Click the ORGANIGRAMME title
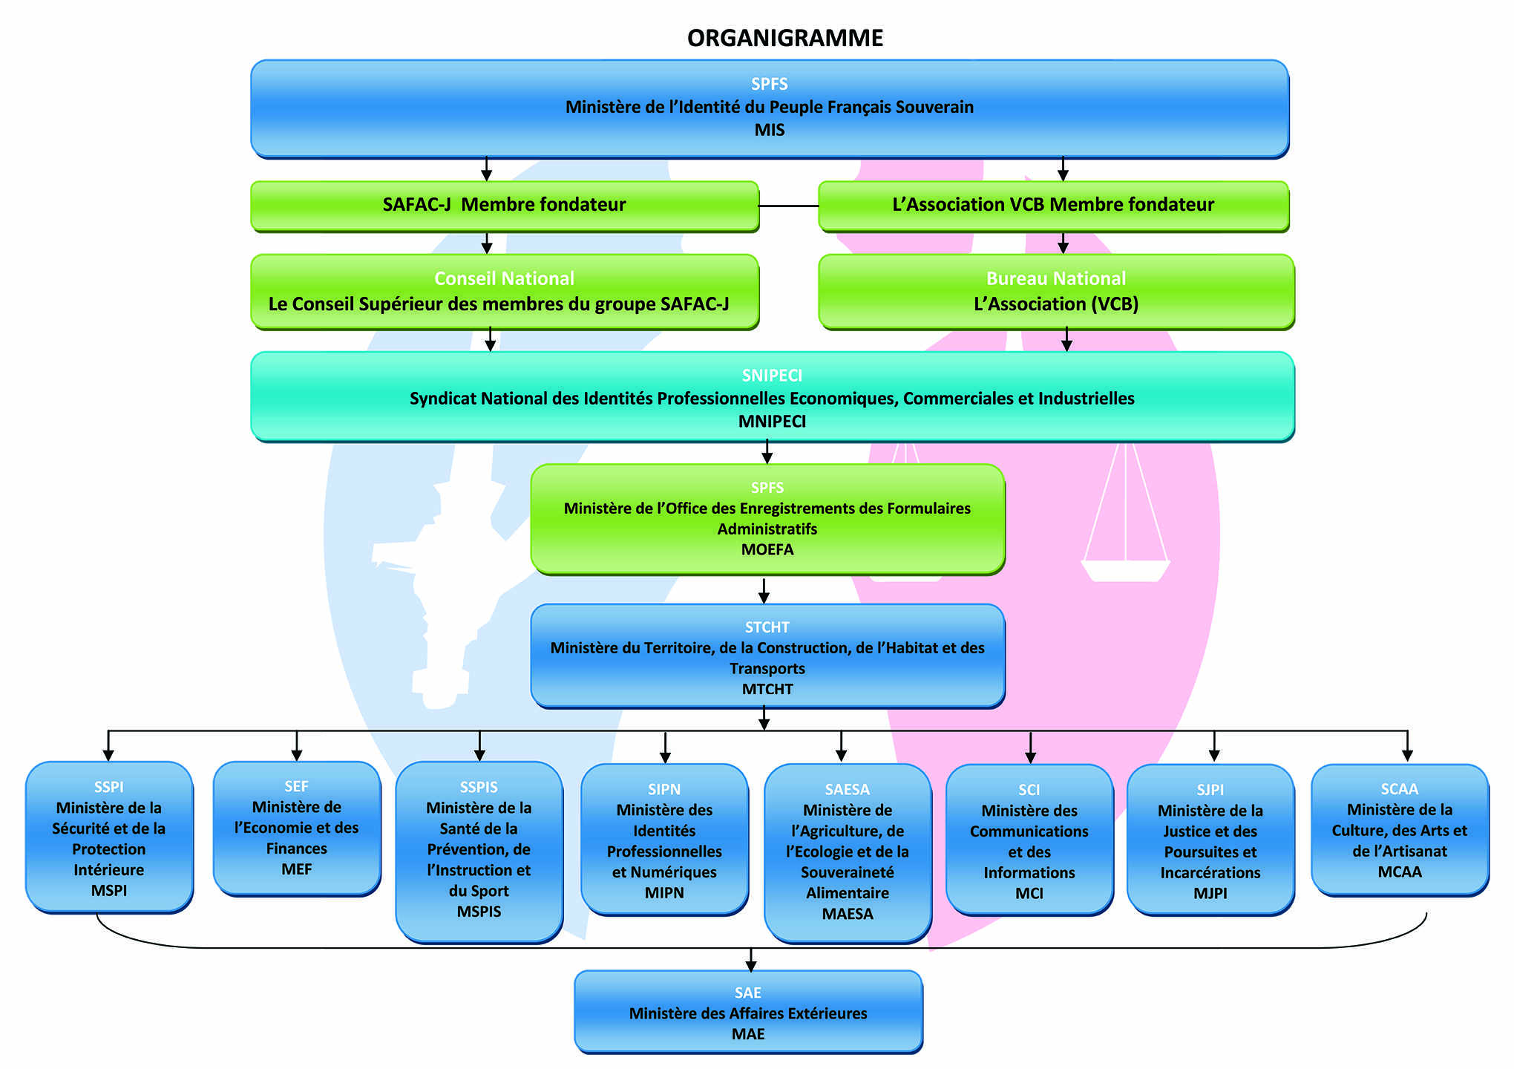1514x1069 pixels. [784, 38]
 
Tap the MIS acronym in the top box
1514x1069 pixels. [769, 130]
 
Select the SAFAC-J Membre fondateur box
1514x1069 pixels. [505, 205]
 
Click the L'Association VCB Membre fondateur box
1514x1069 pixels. [1052, 205]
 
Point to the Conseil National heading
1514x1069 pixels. [504, 278]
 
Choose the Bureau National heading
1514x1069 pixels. [1055, 278]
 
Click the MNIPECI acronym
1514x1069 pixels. [772, 421]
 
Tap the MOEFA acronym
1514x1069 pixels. [767, 549]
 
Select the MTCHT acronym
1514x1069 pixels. [767, 689]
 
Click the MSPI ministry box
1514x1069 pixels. [109, 837]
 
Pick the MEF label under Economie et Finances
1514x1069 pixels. [296, 869]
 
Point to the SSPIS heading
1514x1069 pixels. [479, 787]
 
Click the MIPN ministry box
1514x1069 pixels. [664, 840]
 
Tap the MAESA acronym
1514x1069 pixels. [848, 914]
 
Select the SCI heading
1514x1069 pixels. [1029, 790]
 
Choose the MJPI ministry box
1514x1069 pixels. [1210, 840]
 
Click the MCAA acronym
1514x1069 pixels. [1400, 872]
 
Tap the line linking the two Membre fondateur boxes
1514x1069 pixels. [788, 206]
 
